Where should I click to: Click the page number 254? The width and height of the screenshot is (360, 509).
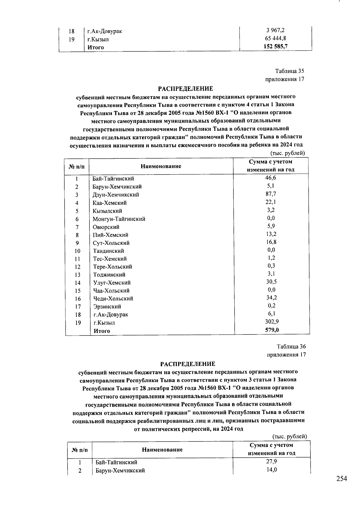[x=341, y=479]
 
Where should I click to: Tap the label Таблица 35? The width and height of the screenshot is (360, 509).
[x=289, y=71]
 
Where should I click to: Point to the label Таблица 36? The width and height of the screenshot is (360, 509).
[x=291, y=346]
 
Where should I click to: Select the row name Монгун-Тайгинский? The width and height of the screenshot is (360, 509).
[x=119, y=219]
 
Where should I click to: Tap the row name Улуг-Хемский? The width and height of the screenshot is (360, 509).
[x=112, y=283]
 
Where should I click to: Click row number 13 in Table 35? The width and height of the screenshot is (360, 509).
[x=78, y=275]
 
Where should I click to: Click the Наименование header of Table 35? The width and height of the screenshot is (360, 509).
[x=161, y=166]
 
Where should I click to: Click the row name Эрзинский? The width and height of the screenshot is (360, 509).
[x=107, y=307]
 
